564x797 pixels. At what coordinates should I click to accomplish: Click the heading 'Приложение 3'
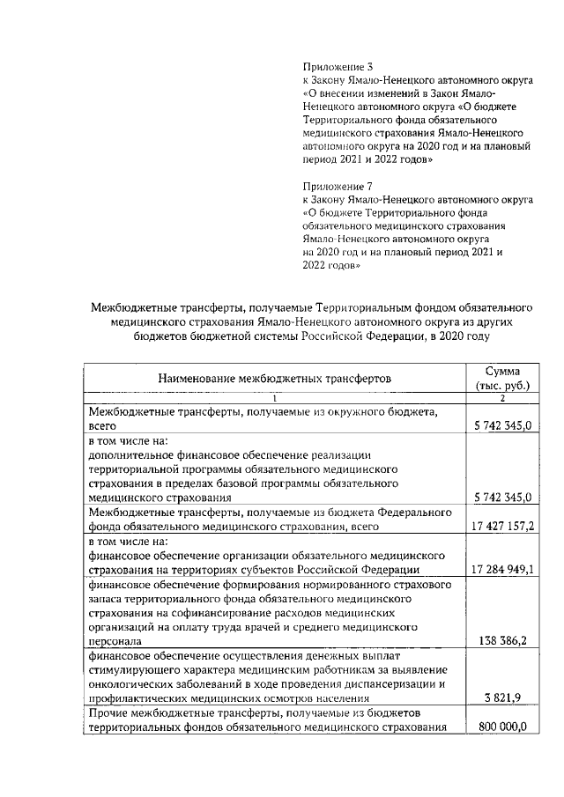point(338,66)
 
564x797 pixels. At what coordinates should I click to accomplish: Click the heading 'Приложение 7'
point(338,187)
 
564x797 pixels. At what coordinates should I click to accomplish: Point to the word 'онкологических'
point(130,683)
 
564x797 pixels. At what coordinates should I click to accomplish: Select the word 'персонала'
point(115,641)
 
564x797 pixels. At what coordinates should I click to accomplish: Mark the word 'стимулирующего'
point(133,669)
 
